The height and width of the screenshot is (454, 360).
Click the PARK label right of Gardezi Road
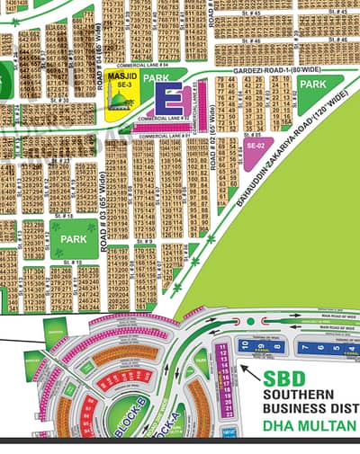pyautogui.click(x=312, y=84)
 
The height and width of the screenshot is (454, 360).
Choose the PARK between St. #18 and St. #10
pyautogui.click(x=69, y=240)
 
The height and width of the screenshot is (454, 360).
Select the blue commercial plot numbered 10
pyautogui.click(x=242, y=345)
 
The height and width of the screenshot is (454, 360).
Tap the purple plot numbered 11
pyautogui.click(x=222, y=345)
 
